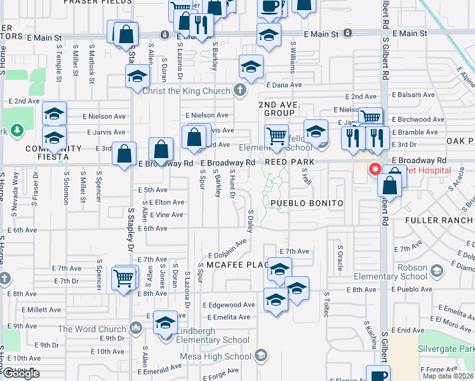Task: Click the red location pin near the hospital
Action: point(375,170)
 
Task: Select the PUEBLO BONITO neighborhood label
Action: point(307,203)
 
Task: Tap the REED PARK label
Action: point(286,163)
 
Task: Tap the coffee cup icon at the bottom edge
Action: point(378,374)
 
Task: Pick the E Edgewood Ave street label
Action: point(229,305)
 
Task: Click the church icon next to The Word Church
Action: point(135,328)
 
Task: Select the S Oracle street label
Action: point(340,258)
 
